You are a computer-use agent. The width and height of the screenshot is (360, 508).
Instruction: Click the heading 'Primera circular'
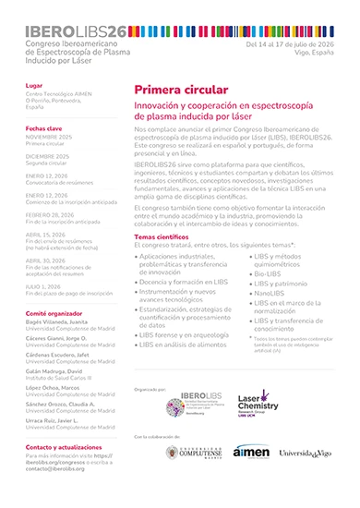click(181, 91)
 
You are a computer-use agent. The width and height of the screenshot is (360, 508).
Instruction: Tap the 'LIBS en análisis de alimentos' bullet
click(186, 344)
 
